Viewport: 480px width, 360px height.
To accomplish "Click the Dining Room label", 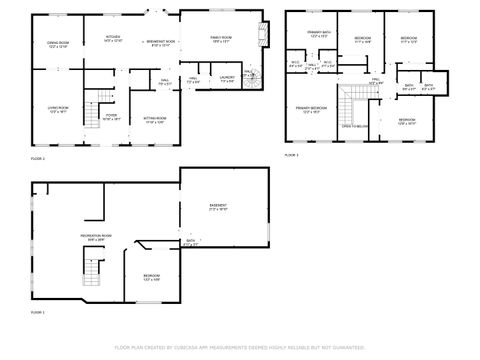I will [58, 44].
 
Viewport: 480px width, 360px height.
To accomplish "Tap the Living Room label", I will [58, 109].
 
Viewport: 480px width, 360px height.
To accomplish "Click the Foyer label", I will [112, 117].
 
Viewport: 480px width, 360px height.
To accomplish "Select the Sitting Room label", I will [153, 120].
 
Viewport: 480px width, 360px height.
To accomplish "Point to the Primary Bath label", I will [319, 34].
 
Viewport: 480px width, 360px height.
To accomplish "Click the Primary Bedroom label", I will [310, 109].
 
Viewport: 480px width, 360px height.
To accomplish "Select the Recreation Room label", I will [96, 238].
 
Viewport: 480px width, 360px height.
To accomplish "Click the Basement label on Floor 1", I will [218, 208].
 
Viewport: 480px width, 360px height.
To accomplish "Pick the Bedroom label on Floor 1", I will [151, 277].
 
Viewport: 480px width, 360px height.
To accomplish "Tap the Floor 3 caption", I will [291, 156].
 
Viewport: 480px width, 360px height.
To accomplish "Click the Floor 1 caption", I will [37, 313].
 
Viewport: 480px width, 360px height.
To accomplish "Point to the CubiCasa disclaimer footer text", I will [239, 347].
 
